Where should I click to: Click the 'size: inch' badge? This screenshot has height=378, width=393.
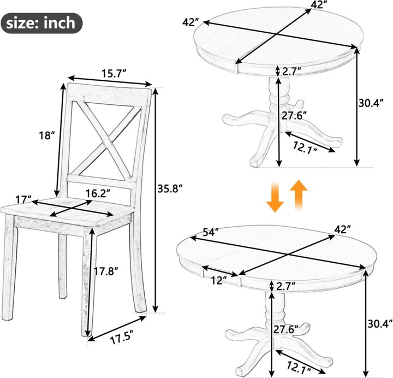click(x=41, y=23)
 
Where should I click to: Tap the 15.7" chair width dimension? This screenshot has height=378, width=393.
click(x=114, y=74)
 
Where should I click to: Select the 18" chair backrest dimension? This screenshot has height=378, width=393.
click(x=46, y=135)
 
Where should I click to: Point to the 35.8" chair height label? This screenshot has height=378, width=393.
click(x=170, y=188)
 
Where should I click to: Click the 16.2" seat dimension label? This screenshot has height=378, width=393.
click(x=98, y=193)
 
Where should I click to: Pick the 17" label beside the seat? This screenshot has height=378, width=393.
click(x=23, y=200)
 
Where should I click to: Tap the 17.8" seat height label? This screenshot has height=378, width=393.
click(x=106, y=271)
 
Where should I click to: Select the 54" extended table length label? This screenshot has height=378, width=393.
click(x=211, y=232)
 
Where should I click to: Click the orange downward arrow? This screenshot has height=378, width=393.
click(x=275, y=197)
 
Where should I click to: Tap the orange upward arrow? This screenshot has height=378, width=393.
click(x=299, y=194)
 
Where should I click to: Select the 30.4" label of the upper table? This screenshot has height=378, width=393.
click(x=371, y=103)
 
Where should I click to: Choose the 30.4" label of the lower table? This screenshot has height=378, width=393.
click(x=380, y=324)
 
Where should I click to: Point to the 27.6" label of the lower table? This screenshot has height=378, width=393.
click(x=285, y=329)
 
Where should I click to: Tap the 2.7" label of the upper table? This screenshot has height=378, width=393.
click(x=291, y=72)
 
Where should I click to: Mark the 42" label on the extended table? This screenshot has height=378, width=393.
click(x=343, y=229)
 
